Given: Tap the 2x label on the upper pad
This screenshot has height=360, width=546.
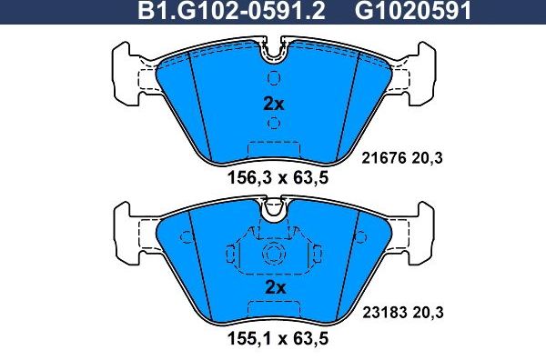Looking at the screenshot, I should tap(273, 104).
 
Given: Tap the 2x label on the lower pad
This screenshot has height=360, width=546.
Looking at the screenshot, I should tap(274, 287).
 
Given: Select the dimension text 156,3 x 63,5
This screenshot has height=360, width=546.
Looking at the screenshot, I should tap(276, 179).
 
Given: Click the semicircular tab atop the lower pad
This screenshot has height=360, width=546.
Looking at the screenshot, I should tap(273, 211).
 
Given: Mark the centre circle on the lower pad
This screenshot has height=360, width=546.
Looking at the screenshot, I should tap(273, 255).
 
